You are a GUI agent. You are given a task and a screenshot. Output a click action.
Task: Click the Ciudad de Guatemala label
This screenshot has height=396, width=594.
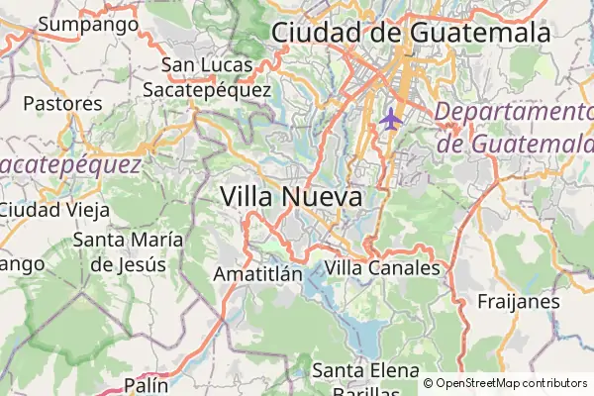[410, 32]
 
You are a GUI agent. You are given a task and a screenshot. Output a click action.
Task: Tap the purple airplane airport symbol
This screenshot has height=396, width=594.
[390, 120]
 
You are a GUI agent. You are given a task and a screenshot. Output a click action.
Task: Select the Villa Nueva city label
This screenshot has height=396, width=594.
[291, 196]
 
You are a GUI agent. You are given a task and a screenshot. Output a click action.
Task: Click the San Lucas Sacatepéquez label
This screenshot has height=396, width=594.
[207, 77]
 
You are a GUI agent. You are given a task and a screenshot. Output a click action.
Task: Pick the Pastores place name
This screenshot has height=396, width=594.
[62, 103]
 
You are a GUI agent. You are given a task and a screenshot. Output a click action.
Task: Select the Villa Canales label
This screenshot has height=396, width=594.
[382, 267]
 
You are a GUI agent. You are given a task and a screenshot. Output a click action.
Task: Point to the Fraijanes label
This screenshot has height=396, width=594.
[519, 301]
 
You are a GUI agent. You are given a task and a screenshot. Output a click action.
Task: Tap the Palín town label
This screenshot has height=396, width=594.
[147, 385]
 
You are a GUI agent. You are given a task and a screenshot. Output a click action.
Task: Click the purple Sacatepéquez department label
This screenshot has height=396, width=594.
[69, 164]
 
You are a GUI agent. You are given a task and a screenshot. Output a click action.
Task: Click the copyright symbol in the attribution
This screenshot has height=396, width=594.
[429, 383]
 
